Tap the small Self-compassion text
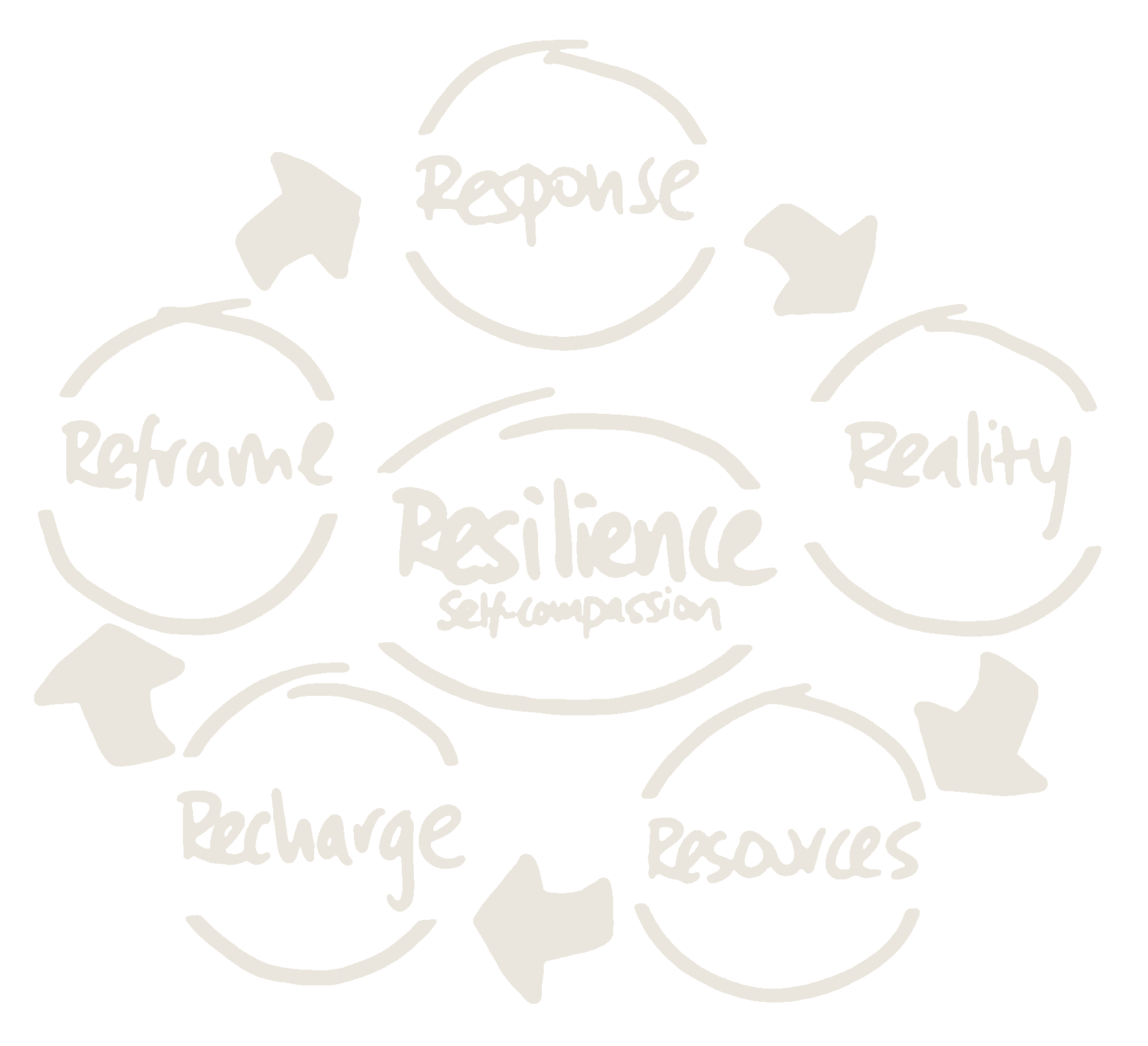[x=577, y=615]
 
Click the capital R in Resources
[x=669, y=849]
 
